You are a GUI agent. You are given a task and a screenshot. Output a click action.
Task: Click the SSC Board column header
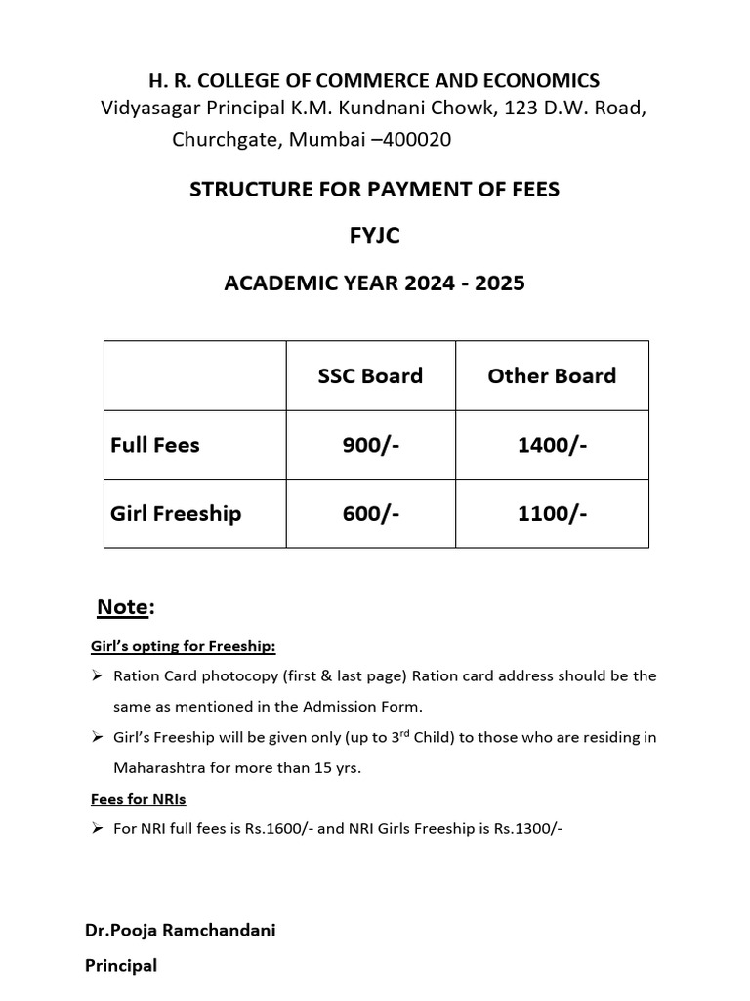370,376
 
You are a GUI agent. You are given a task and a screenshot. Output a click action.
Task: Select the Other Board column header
552,376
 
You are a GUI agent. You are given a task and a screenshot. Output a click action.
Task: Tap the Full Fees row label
155,445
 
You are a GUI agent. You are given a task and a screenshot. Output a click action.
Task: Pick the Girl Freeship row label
176,513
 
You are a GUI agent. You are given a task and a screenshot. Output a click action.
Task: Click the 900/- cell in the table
370,445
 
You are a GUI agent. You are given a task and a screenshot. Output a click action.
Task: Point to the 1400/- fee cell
552,445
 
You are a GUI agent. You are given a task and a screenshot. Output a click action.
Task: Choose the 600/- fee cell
370,513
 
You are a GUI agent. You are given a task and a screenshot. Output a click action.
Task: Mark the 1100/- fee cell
552,513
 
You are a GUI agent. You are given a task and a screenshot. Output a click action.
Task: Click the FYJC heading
374,237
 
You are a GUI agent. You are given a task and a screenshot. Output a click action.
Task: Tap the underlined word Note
122,608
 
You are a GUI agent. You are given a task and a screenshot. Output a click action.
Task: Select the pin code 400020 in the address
417,140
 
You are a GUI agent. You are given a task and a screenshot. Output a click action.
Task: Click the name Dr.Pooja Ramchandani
181,930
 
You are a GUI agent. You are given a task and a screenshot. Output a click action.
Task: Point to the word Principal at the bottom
121,965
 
